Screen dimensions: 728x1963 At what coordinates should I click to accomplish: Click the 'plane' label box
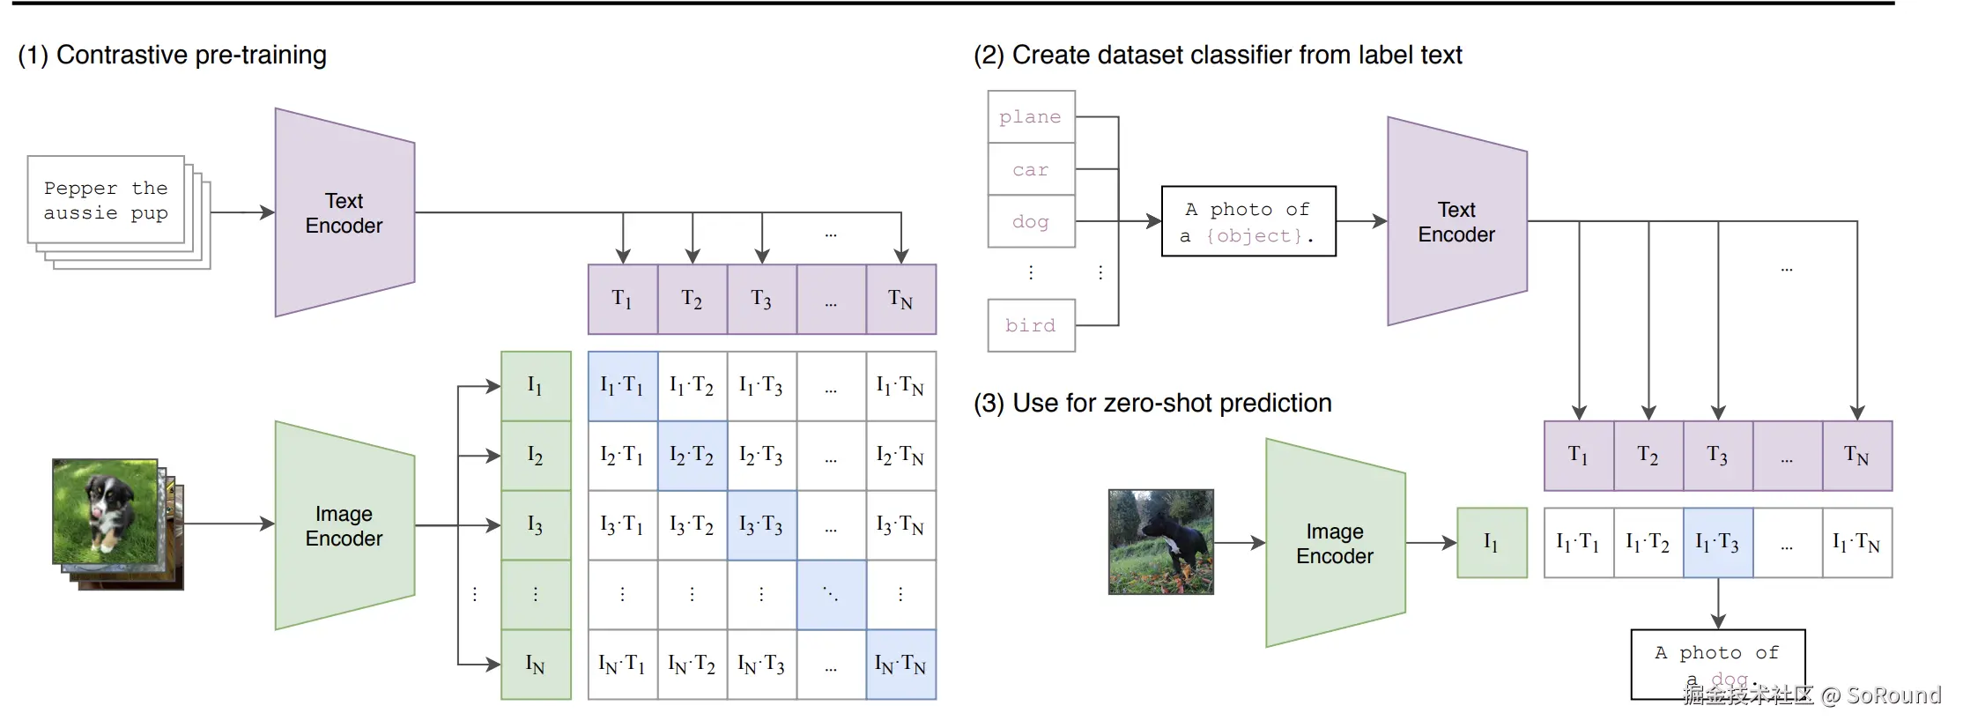(x=1031, y=116)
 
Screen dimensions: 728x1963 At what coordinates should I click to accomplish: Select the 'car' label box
(x=1031, y=169)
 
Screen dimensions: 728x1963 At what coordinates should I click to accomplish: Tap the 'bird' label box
(x=1031, y=325)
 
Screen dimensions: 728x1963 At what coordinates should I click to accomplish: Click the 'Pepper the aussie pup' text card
(x=106, y=201)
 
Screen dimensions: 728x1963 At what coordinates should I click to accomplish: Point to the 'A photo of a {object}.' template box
(x=1248, y=221)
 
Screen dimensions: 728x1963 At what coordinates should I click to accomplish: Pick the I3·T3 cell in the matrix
(x=761, y=525)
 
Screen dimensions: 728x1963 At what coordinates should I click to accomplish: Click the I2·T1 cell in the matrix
(x=622, y=456)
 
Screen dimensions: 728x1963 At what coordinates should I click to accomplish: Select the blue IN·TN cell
(x=900, y=665)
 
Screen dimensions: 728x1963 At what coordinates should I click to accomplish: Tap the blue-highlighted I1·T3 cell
(x=1717, y=543)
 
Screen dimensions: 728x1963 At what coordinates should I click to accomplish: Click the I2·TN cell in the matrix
(x=900, y=456)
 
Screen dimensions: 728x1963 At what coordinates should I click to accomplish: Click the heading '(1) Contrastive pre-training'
(x=173, y=55)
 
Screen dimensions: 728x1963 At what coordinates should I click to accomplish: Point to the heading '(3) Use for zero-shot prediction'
(x=1152, y=403)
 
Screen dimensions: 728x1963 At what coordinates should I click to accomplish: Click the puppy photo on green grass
(x=105, y=511)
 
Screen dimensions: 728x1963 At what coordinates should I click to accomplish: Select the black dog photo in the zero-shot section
(x=1160, y=542)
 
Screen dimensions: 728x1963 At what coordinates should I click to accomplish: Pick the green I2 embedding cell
(x=536, y=456)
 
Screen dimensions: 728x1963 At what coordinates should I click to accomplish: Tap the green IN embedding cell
(x=536, y=665)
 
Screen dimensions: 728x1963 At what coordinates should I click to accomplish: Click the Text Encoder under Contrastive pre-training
(x=344, y=212)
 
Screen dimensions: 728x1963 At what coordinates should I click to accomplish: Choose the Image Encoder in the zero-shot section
(x=1334, y=543)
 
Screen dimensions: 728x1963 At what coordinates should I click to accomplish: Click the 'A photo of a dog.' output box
(x=1717, y=664)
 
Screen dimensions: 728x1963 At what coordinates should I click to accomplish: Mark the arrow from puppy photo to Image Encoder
(x=229, y=524)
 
